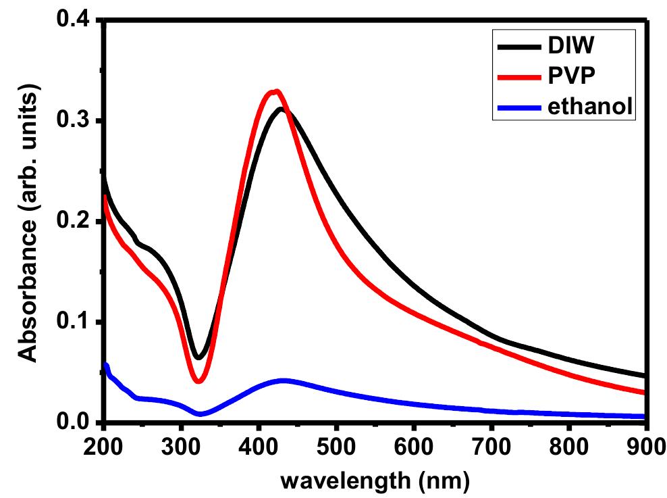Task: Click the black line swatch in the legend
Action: tap(517, 47)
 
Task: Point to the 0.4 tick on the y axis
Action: tap(76, 21)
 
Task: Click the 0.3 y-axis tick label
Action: tap(76, 122)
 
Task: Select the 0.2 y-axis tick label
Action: tap(76, 222)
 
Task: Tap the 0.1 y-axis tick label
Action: tap(76, 322)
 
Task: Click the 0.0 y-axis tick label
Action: tap(76, 423)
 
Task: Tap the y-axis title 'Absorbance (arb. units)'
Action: tap(28, 223)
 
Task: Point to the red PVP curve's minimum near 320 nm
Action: tap(198, 381)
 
